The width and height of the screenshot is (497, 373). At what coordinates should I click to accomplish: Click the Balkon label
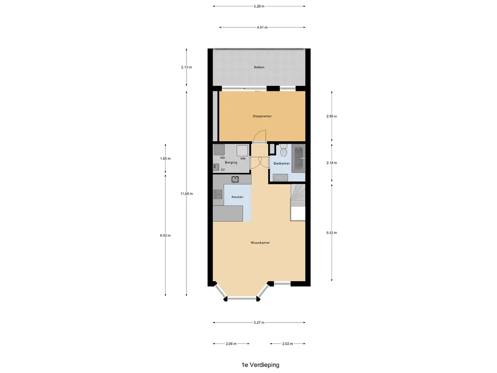pos(259,68)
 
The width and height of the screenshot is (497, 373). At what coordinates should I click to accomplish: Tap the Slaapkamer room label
pos(262,117)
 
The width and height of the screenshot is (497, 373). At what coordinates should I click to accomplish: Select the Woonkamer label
pos(260,242)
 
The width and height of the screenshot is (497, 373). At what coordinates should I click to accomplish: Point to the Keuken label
pos(237,197)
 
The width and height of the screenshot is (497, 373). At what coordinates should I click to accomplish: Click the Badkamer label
pos(282,164)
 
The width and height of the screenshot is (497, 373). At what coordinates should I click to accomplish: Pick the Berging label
pos(231,162)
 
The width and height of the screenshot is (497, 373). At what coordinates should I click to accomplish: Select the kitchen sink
pos(235,179)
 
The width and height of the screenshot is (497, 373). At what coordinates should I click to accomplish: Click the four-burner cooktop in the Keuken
pos(217,195)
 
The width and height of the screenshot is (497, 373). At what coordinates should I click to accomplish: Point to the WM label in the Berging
pos(243,158)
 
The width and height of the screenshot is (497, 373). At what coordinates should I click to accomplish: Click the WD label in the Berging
pos(222,158)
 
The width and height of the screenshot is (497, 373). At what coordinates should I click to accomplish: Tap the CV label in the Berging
pos(223,170)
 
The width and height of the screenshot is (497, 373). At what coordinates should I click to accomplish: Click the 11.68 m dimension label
pos(186,194)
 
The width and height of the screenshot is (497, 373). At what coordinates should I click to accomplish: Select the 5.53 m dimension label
pos(332,233)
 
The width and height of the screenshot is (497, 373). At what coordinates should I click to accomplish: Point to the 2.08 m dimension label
pos(231,344)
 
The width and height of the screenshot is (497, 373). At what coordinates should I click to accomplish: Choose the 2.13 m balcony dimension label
pos(186,68)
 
